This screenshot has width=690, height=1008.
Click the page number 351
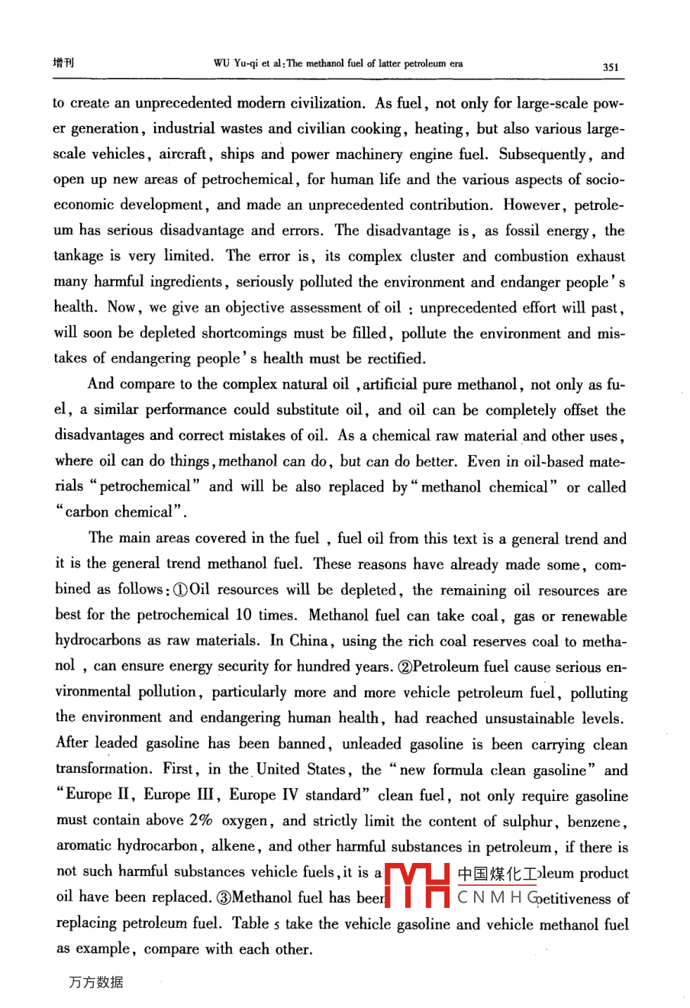pos(610,67)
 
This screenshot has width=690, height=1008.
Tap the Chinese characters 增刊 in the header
pos(63,63)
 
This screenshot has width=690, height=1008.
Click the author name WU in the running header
pos(221,64)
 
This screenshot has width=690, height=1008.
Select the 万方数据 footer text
pos(95,982)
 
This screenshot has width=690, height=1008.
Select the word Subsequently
pos(543,154)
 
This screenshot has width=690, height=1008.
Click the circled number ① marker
pos(180,590)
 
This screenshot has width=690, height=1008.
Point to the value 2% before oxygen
pos(201,821)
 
